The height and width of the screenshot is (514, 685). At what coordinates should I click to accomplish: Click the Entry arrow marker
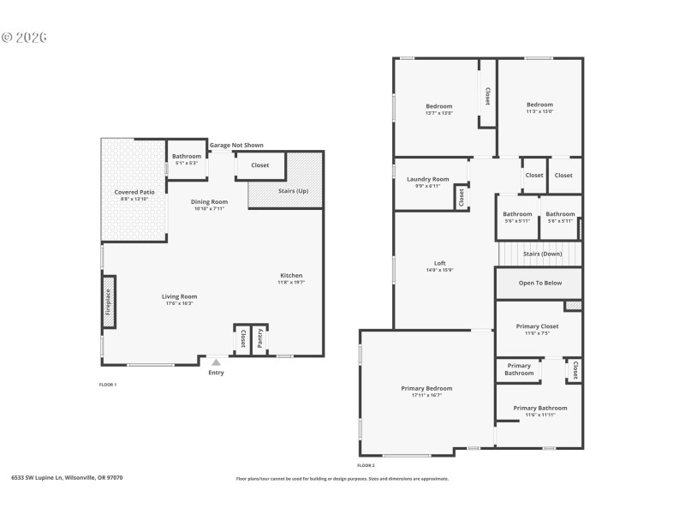coord(216,362)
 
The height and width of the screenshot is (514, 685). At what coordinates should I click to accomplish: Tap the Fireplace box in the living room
coord(109,301)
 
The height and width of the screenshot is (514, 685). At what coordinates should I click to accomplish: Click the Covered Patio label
coord(134,193)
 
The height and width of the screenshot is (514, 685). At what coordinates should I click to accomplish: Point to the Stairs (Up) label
coord(294,191)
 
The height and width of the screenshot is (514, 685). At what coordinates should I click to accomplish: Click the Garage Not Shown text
coord(236,146)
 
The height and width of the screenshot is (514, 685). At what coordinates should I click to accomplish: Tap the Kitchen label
coord(292,276)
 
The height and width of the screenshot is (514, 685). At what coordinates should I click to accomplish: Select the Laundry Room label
coord(427,179)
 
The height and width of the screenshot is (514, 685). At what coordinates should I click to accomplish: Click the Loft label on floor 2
coord(440,263)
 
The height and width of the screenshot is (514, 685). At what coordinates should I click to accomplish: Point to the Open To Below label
coord(540,283)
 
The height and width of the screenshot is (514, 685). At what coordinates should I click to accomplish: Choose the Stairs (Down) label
coord(542,254)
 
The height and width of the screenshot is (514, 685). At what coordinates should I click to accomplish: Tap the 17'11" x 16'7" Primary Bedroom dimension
coord(426,396)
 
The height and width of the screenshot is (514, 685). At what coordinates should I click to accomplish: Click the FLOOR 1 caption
coord(108,385)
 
